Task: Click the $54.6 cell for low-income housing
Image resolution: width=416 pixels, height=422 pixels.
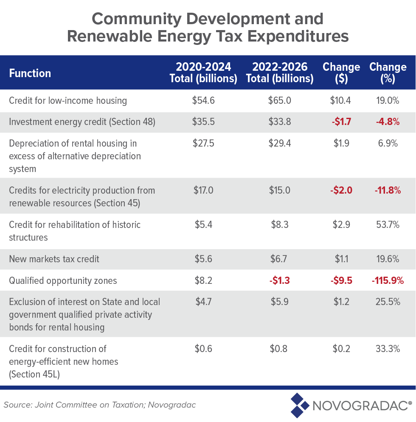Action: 203,101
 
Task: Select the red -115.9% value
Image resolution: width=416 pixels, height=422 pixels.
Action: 387,280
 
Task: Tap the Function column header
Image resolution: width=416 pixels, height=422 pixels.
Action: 30,73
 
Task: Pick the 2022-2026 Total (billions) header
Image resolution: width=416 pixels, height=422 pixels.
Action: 279,72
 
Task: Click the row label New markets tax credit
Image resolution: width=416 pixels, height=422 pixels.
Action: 54,259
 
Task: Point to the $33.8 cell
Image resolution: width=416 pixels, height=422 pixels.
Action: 279,122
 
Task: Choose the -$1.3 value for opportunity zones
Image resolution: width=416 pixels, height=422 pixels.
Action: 279,280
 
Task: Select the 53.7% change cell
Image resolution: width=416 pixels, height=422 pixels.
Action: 387,225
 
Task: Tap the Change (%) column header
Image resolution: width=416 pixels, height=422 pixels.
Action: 388,72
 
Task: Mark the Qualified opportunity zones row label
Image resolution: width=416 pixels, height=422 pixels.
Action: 63,280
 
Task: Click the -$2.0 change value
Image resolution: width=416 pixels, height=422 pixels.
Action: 341,190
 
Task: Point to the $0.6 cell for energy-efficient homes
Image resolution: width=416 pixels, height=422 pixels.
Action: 203,349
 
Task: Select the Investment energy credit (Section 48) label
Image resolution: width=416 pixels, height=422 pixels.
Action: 82,122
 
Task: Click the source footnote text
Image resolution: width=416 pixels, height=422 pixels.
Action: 100,405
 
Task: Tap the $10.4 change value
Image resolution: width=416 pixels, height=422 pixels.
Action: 341,101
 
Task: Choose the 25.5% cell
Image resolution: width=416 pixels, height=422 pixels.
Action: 387,302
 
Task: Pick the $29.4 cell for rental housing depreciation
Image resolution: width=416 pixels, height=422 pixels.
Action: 279,143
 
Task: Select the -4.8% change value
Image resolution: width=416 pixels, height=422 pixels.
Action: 387,122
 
